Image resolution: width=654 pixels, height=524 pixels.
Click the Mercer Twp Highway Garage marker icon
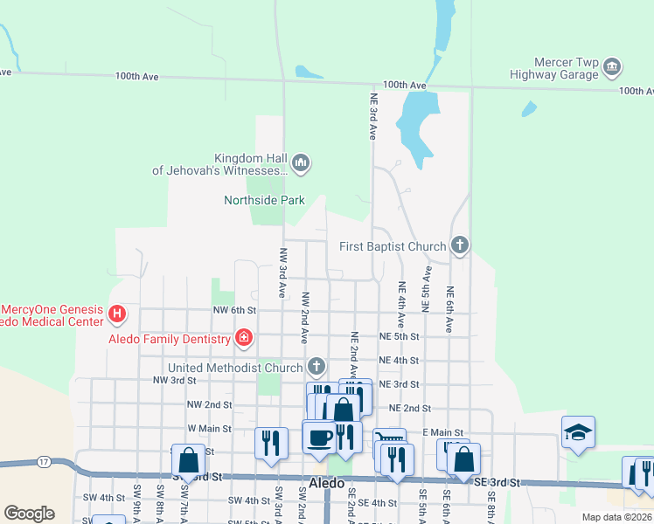[613, 67]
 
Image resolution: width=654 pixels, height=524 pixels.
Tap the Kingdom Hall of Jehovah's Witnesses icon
[302, 162]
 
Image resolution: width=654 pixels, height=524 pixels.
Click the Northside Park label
[264, 200]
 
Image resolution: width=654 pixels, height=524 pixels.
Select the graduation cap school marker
[578, 431]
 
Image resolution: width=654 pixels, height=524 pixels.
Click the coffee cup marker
[319, 435]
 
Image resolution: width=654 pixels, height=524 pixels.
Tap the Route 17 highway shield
[44, 461]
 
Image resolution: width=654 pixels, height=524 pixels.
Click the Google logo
[29, 514]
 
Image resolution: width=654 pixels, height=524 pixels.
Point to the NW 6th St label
[233, 310]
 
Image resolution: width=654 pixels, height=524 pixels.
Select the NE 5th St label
[400, 335]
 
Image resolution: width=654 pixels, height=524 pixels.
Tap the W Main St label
[209, 429]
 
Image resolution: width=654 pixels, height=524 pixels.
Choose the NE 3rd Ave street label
[372, 117]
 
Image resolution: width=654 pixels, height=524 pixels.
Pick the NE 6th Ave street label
[449, 310]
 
